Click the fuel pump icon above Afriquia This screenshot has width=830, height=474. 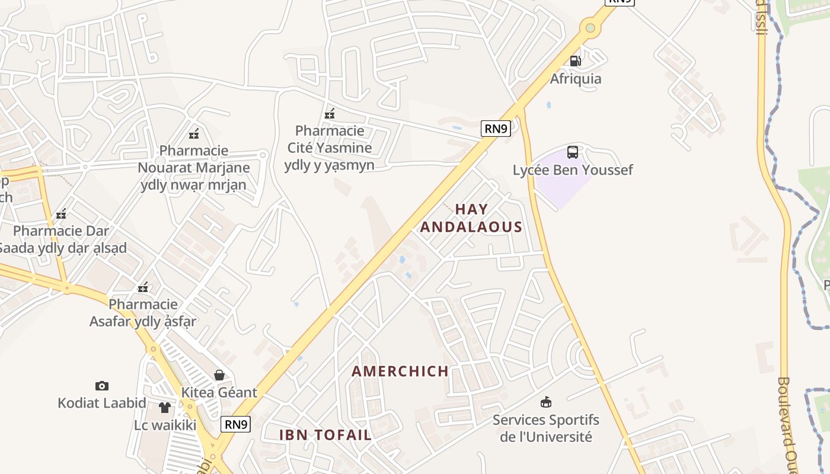[x=574, y=60]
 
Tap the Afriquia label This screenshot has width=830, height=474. [x=575, y=79]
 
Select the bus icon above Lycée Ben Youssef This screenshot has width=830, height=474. [x=572, y=152]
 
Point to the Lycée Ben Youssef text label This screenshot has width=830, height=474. [x=573, y=170]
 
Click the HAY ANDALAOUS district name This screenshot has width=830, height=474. [x=471, y=218]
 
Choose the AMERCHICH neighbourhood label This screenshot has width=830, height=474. [x=400, y=371]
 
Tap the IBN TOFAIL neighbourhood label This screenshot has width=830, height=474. [x=325, y=435]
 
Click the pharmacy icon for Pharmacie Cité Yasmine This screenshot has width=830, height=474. [x=330, y=113]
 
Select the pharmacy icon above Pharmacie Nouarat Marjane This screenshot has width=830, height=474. [x=194, y=133]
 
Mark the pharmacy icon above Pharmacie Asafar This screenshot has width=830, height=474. [x=143, y=287]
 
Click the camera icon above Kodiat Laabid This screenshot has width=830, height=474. [x=102, y=386]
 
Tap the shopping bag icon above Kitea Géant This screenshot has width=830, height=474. [x=219, y=375]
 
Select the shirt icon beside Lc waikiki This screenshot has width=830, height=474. [x=164, y=408]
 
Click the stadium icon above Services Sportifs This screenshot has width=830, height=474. [x=546, y=402]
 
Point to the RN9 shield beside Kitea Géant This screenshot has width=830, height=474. [x=236, y=424]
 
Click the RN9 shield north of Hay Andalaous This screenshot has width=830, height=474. [x=496, y=129]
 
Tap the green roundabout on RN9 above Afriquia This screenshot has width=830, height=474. [x=590, y=27]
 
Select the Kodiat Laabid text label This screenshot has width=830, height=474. [x=102, y=403]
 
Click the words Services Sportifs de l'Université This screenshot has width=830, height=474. [x=546, y=428]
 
